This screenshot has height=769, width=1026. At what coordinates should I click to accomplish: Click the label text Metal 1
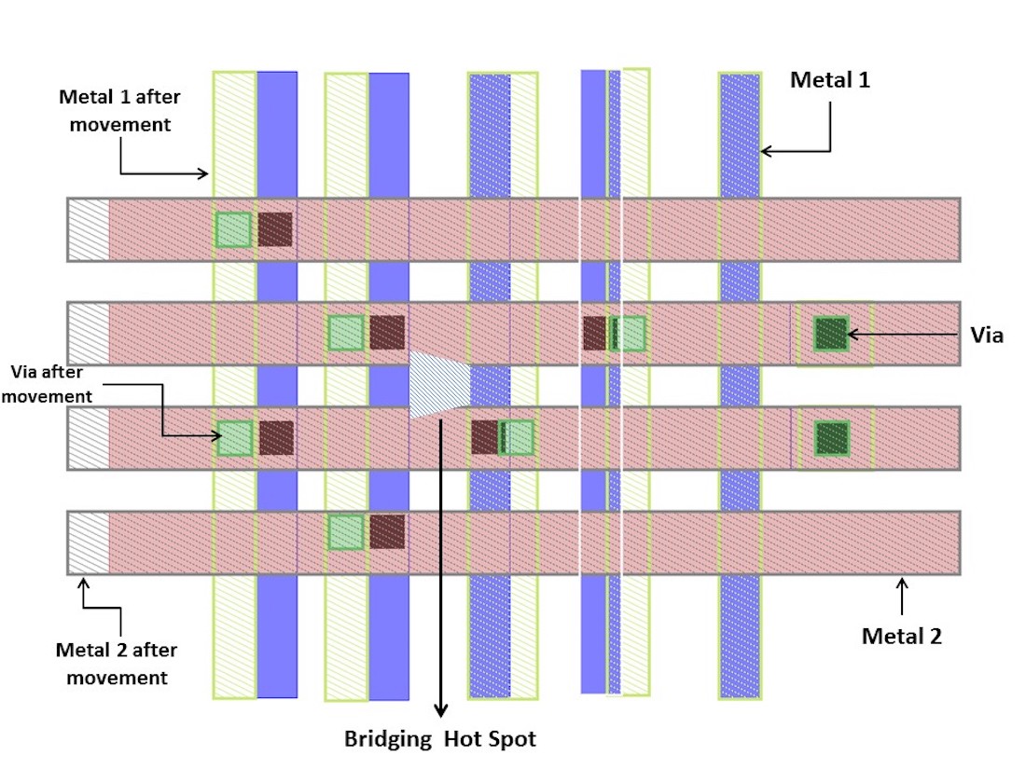click(x=829, y=80)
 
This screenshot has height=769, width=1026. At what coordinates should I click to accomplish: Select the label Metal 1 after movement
click(x=115, y=110)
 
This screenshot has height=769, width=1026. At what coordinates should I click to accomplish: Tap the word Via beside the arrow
click(x=987, y=336)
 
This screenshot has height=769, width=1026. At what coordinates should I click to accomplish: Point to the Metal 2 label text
click(x=901, y=637)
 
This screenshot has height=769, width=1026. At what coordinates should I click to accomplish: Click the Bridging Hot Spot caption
click(x=440, y=739)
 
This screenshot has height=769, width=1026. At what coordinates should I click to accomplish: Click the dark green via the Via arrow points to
click(x=830, y=332)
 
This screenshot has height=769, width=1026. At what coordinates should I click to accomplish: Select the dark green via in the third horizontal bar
click(x=831, y=437)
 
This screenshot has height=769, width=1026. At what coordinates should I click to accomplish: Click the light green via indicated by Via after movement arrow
click(x=234, y=438)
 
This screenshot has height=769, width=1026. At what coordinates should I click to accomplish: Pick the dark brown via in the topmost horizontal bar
click(x=275, y=229)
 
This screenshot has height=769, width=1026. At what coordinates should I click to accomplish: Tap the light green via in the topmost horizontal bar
click(x=233, y=229)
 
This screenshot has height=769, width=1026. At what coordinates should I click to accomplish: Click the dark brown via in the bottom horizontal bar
click(x=387, y=531)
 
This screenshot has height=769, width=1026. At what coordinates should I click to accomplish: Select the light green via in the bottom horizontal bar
click(x=345, y=531)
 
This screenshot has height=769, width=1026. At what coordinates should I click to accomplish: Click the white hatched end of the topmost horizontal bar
click(x=89, y=229)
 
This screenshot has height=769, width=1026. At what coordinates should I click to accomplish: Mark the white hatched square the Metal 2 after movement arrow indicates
click(x=89, y=542)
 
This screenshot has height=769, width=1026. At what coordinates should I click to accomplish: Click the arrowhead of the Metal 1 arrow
click(x=766, y=151)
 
